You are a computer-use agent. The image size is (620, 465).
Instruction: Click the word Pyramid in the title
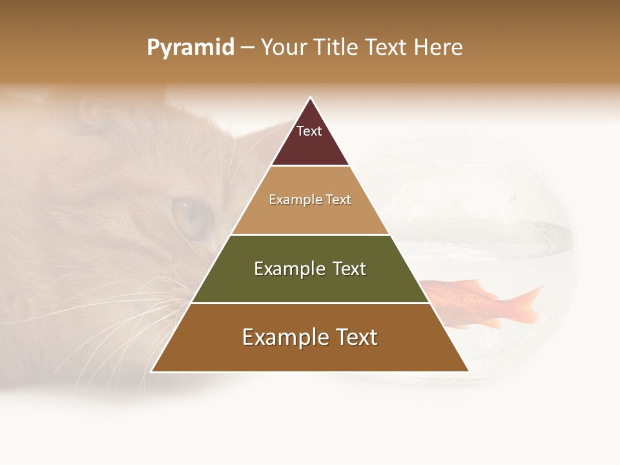pyautogui.click(x=191, y=48)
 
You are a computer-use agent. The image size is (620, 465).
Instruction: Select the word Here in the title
pyautogui.click(x=438, y=48)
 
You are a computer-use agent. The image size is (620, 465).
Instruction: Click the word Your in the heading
pyautogui.click(x=283, y=48)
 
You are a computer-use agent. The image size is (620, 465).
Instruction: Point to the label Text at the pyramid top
pyautogui.click(x=309, y=131)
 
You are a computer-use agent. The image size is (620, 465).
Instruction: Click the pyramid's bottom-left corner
pyautogui.click(x=152, y=371)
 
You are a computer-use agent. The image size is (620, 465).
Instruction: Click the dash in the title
pyautogui.click(x=247, y=48)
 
